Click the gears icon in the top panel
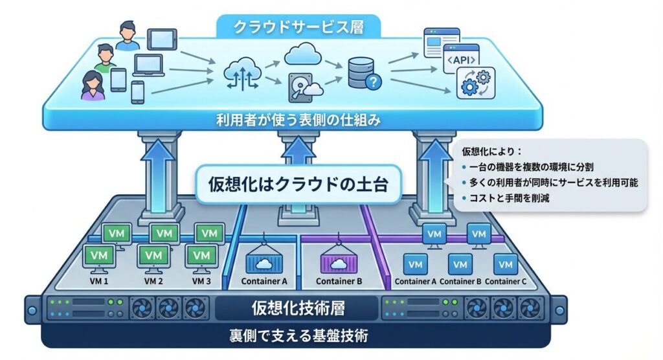pos(475,84)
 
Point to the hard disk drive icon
pos(298,86)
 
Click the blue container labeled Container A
pos(264,262)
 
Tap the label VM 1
pos(99,282)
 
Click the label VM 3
pos(202,282)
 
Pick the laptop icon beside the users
pos(149,65)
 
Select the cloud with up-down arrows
pos(242,73)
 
